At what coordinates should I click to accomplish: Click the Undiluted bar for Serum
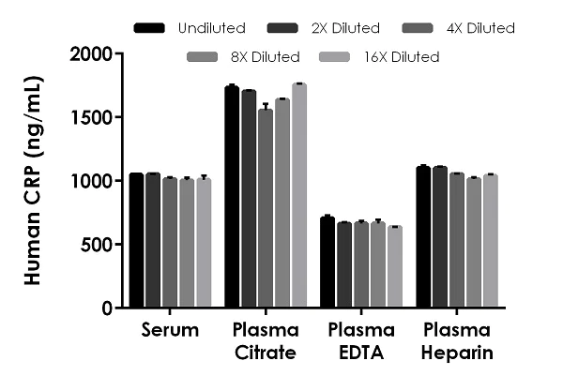137,241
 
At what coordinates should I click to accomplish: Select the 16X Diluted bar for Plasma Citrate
299,196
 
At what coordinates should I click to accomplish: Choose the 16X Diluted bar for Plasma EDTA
395,267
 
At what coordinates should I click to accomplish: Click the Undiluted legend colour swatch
151,28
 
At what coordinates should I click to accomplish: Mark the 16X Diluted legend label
400,56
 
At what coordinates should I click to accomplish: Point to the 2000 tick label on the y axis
95,54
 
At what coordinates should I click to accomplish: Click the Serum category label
171,330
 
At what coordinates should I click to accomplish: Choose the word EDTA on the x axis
360,353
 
